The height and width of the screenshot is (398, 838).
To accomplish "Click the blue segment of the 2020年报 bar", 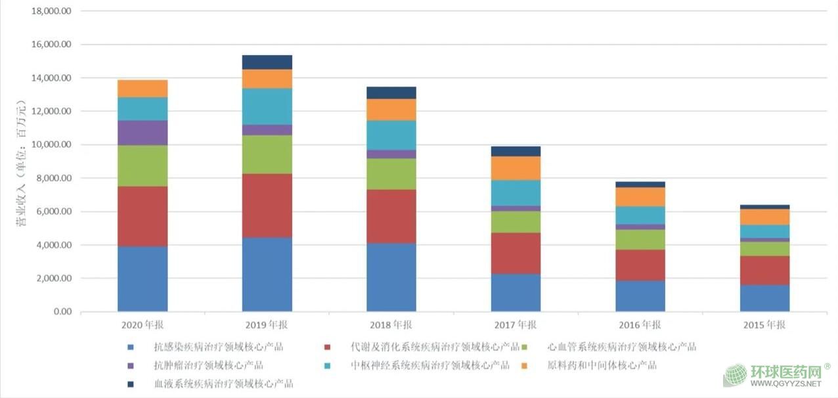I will (x=143, y=278).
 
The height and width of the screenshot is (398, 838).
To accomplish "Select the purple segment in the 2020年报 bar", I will (x=143, y=133).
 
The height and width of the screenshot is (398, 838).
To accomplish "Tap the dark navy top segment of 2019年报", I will (x=267, y=62).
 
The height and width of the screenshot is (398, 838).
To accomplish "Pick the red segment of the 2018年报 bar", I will (x=391, y=216).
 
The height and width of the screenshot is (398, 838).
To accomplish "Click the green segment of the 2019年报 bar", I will (x=267, y=154).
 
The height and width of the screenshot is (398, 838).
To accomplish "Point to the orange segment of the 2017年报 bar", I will (x=516, y=168).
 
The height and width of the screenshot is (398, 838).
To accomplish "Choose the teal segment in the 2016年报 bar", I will (x=640, y=215).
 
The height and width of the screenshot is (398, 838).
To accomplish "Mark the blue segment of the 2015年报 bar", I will (x=764, y=298).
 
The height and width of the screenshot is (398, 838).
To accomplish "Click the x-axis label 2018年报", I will (x=391, y=325).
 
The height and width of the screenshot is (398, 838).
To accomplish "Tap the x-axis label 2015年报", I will (x=764, y=325).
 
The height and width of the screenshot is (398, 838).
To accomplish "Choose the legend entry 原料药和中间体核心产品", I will (x=602, y=365).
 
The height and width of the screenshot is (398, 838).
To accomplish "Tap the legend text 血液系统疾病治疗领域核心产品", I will (x=223, y=384).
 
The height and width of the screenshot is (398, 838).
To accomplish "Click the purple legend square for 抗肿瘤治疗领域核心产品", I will (x=131, y=366).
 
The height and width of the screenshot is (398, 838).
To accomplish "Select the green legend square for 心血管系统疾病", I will (x=532, y=347).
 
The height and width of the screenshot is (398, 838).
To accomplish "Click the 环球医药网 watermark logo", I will (x=775, y=375).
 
